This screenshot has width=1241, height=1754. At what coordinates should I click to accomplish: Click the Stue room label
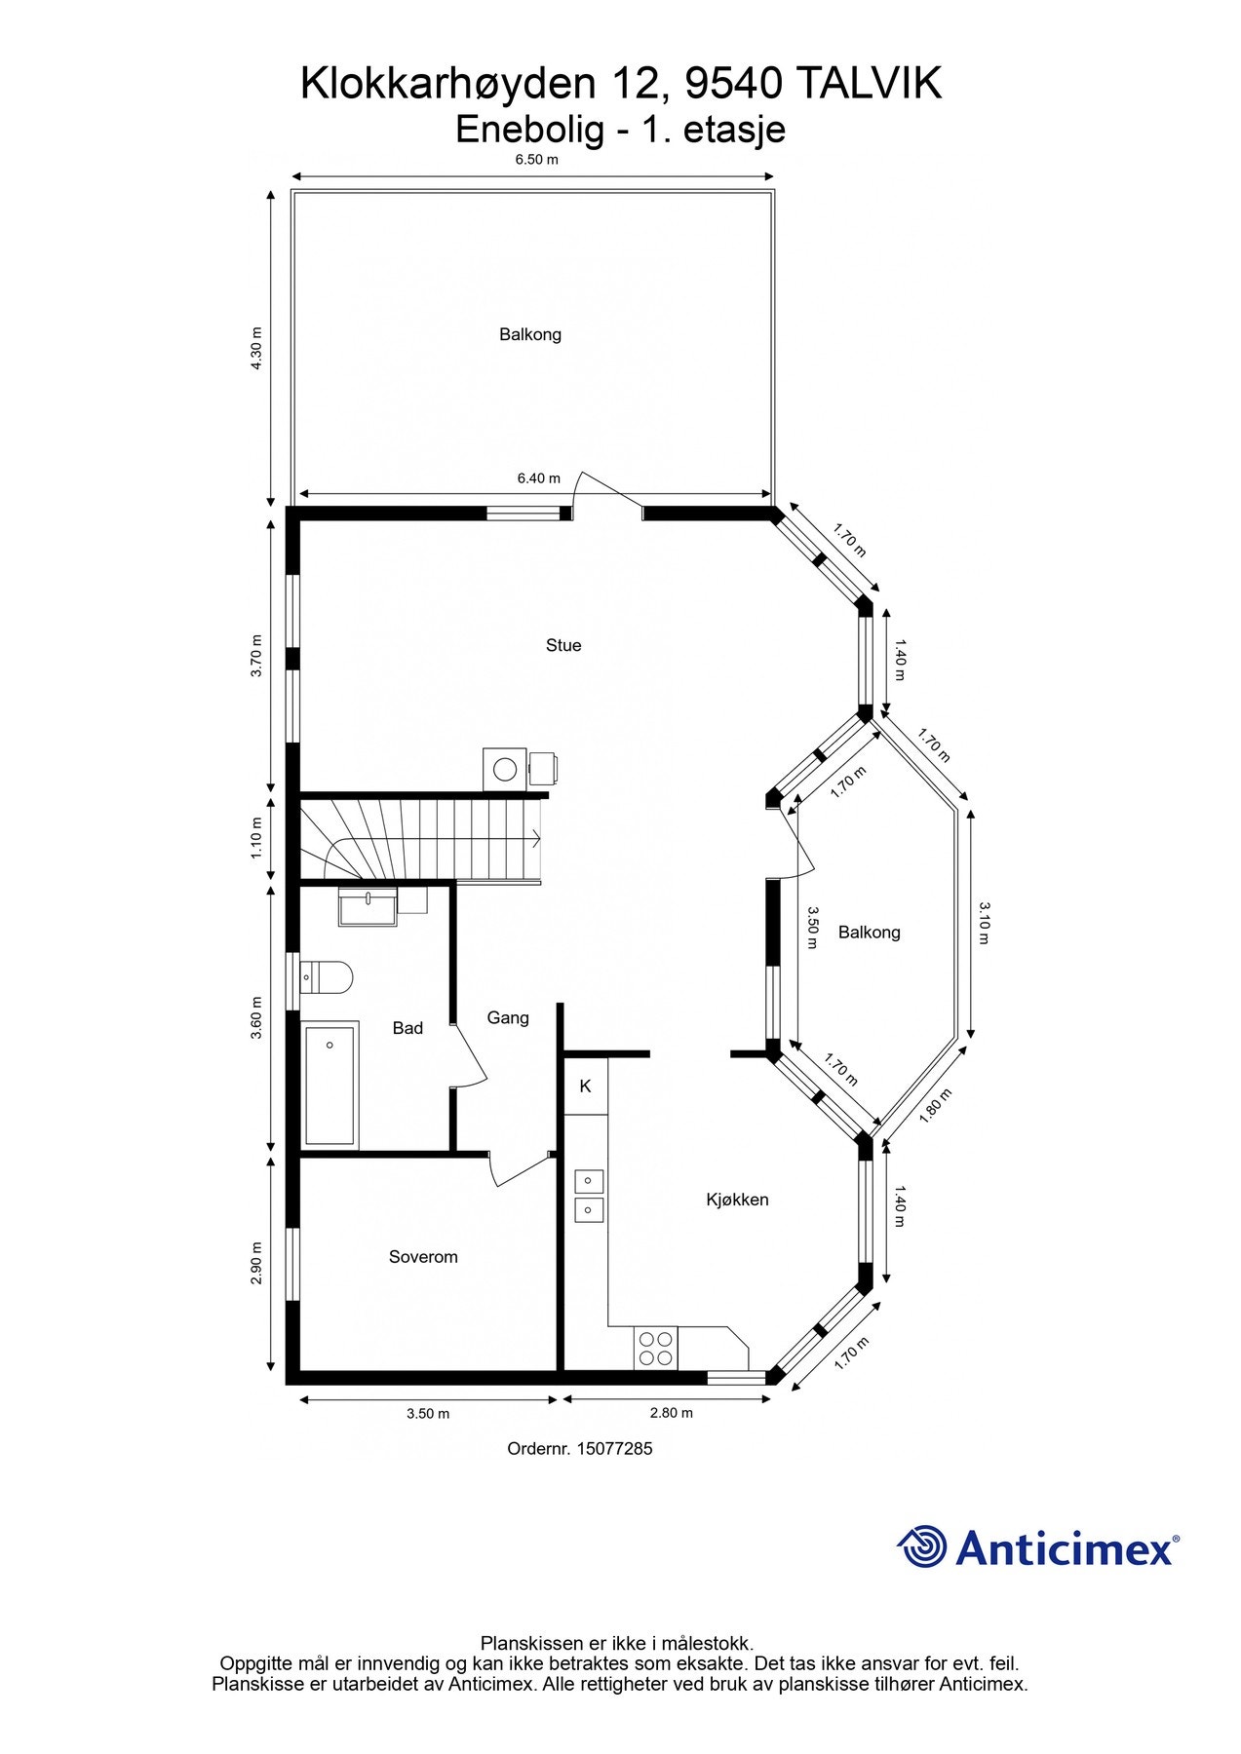563,645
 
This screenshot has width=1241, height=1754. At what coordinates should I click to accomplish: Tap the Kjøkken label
737,1200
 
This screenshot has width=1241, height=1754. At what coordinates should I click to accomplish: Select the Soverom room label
423,1257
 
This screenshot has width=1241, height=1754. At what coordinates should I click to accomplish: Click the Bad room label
407,1028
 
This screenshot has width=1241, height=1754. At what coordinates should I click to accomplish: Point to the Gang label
508,1017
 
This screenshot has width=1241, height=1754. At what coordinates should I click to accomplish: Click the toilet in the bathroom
327,976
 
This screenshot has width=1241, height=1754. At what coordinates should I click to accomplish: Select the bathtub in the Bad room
330,1084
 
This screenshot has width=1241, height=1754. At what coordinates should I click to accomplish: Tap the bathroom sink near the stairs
368,906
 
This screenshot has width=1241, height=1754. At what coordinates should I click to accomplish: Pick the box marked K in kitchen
585,1086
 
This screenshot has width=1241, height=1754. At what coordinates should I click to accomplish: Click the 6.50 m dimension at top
536,160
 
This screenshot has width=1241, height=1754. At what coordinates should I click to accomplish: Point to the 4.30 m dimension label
256,348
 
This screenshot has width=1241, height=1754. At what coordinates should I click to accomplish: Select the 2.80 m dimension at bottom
671,1413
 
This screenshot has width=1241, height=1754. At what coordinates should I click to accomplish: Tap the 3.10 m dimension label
984,923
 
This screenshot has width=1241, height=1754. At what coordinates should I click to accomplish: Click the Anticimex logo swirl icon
921,1546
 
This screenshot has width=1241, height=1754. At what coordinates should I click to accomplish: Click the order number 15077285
614,1449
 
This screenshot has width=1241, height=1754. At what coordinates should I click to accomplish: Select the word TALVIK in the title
870,85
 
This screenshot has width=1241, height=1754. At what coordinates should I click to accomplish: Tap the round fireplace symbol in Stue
505,769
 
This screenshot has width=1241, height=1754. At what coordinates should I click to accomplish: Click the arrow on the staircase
535,836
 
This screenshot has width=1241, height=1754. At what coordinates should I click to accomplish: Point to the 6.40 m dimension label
538,478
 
